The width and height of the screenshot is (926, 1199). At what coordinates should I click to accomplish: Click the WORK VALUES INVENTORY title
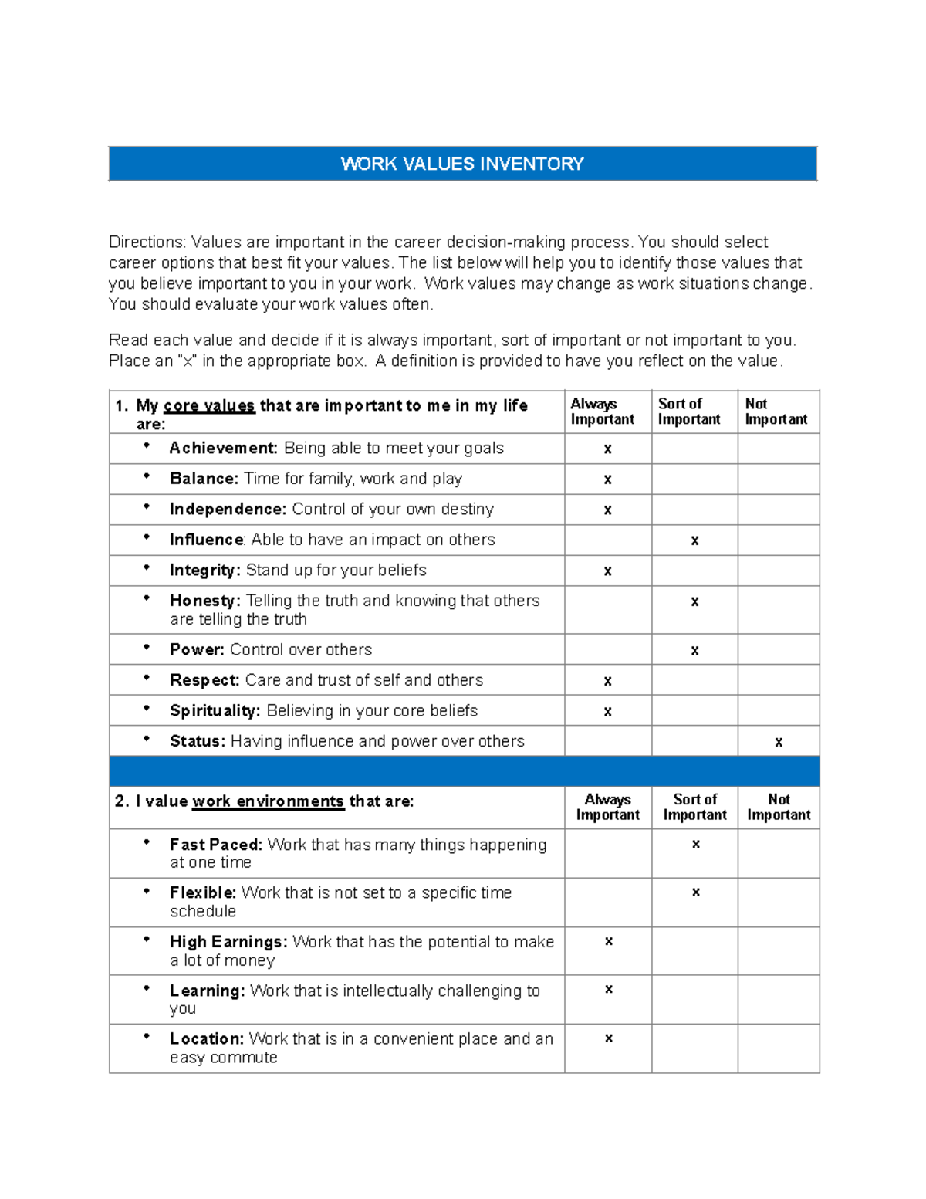[462, 164]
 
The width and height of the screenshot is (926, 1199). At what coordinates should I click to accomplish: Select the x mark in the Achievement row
[607, 449]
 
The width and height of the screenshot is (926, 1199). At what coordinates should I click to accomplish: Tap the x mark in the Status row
[779, 742]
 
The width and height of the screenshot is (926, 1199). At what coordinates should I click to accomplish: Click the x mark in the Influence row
[694, 540]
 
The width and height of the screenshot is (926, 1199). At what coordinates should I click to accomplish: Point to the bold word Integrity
[204, 570]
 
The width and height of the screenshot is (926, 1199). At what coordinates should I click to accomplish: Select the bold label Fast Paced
[216, 845]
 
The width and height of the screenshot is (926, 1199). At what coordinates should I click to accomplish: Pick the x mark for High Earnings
[608, 941]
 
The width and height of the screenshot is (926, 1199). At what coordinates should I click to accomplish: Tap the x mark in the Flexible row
[695, 892]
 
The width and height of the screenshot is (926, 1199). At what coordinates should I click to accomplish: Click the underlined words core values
[208, 406]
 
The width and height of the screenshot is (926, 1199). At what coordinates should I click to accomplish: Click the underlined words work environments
[268, 801]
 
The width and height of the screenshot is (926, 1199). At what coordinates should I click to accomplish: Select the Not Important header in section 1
[776, 412]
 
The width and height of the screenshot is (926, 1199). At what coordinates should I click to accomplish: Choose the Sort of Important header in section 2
[694, 807]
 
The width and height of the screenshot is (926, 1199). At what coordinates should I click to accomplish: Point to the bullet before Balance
[146, 476]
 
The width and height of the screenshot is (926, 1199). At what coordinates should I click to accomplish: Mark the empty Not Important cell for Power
[778, 649]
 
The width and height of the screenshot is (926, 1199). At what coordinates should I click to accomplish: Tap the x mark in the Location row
[608, 1038]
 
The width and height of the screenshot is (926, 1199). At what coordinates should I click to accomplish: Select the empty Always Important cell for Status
[607, 741]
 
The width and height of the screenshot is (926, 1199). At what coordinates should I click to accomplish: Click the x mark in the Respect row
[607, 681]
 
